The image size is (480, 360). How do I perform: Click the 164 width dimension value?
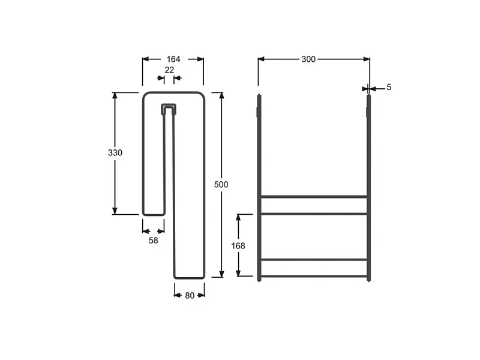click(x=173, y=59)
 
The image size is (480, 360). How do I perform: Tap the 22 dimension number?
click(x=169, y=70)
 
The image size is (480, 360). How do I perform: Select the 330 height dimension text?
click(x=115, y=152)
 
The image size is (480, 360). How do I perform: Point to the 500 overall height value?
click(x=221, y=184)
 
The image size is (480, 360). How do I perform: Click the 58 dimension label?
click(x=154, y=241)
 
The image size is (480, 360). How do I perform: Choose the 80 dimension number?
click(x=190, y=295)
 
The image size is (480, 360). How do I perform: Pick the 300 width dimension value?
click(x=308, y=59)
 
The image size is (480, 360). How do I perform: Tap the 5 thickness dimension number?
click(x=389, y=87)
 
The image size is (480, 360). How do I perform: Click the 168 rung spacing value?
click(x=238, y=246)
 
